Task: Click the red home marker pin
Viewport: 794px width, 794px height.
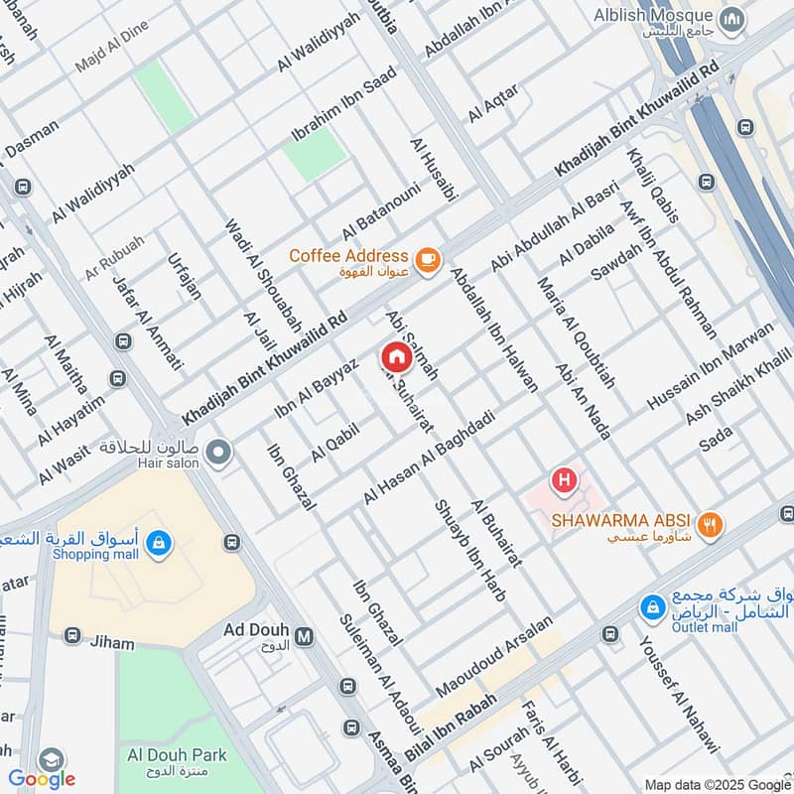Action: (x=395, y=356)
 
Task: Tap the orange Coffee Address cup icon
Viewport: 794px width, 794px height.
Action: (x=427, y=258)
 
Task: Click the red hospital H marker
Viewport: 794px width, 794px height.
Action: (x=565, y=481)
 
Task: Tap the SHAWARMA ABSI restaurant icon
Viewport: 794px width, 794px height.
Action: (x=709, y=525)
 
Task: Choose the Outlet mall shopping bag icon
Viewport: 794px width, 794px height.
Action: (x=651, y=604)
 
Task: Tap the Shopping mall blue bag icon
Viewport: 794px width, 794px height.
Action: (x=158, y=543)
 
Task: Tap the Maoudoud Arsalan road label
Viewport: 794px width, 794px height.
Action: (x=492, y=655)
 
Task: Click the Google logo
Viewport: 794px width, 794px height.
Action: (x=42, y=778)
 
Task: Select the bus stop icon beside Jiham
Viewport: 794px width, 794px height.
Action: (x=71, y=635)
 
